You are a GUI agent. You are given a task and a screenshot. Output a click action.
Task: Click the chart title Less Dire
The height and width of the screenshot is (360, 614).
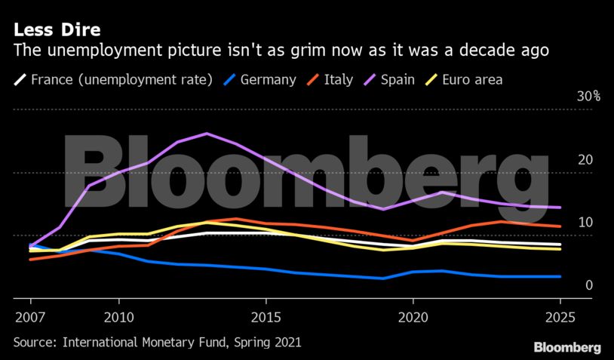(57, 30)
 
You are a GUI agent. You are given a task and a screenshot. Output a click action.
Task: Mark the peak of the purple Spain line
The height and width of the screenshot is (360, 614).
(207, 134)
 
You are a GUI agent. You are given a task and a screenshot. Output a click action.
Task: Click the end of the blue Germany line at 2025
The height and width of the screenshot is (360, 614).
(560, 277)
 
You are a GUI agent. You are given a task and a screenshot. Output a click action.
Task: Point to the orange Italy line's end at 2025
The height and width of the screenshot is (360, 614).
(560, 226)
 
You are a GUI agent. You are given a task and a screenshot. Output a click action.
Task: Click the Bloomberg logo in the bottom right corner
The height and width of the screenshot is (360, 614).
(567, 347)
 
